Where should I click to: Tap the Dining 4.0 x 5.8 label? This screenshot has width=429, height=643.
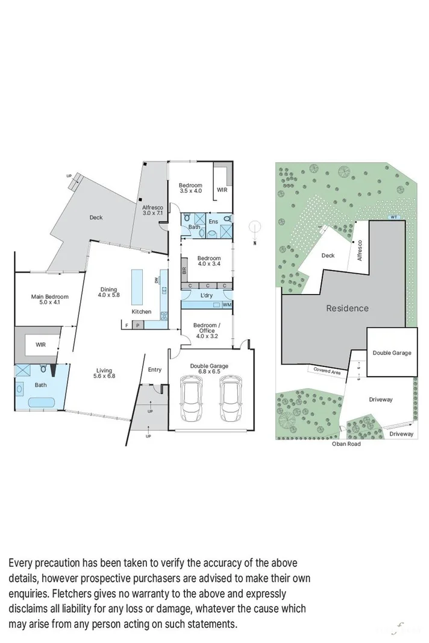(x=110, y=292)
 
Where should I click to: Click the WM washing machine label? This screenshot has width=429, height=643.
(x=226, y=305)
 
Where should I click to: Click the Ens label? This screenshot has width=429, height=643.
(x=213, y=222)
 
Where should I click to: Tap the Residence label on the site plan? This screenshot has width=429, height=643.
(x=347, y=308)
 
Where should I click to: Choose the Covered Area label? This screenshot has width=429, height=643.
(x=326, y=372)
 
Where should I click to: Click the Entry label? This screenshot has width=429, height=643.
(x=154, y=369)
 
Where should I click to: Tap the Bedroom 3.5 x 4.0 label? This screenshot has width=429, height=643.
(x=190, y=188)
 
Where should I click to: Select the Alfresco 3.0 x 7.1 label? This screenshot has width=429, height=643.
(x=152, y=210)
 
